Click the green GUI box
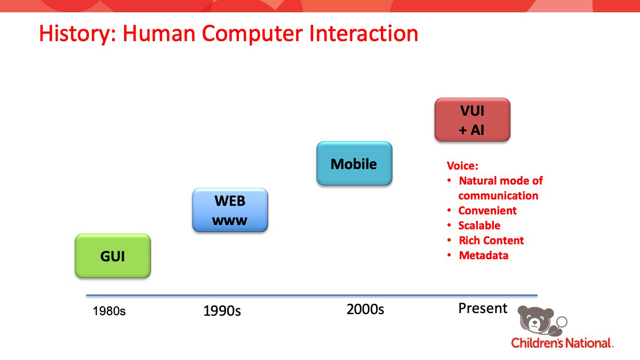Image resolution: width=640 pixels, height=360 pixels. tap(113, 255)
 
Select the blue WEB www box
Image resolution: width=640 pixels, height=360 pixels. tap(230, 210)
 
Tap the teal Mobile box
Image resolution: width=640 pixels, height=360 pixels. tap(354, 163)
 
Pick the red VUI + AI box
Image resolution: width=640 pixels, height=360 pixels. tap(473, 119)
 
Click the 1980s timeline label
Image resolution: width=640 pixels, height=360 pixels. tap(109, 311)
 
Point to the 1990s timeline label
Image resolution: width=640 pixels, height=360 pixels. tap(222, 311)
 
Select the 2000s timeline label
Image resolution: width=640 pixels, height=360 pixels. tap(365, 309)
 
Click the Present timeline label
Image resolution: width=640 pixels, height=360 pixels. tap(483, 308)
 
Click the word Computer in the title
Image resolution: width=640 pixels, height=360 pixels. tap(252, 34)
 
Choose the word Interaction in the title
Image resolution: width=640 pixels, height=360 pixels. tap(364, 34)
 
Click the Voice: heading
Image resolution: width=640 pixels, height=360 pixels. tap(462, 166)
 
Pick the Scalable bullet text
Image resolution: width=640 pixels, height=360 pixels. tap(479, 226)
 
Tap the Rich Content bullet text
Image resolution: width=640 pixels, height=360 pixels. tap(491, 241)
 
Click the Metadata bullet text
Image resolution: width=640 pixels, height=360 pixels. tap(484, 255)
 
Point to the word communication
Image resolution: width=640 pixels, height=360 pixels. tap(498, 196)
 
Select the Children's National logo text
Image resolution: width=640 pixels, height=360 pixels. tap(562, 343)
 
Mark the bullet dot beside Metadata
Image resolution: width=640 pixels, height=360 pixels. tap(449, 254)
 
